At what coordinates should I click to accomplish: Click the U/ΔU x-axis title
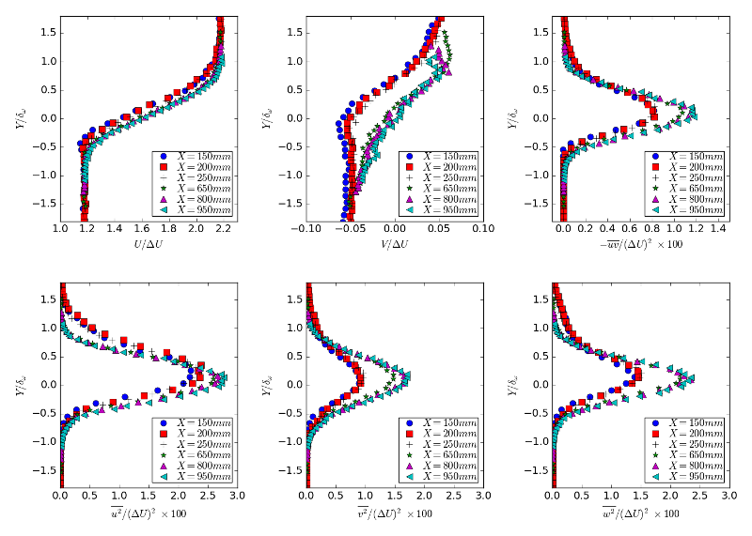click(x=144, y=245)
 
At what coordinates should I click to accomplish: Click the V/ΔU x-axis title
click(x=395, y=245)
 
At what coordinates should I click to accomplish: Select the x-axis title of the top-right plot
click(x=642, y=245)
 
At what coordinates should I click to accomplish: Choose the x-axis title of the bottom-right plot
click(x=642, y=513)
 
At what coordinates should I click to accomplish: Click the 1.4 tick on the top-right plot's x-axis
click(x=719, y=228)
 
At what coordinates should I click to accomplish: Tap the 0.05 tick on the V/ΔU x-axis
click(x=439, y=228)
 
